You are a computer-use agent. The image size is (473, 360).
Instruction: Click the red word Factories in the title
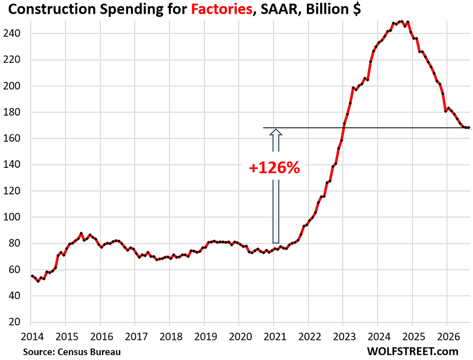point(222,9)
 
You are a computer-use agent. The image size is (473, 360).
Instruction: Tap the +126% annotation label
point(274,168)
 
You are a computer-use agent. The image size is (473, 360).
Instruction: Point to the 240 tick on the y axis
point(11,33)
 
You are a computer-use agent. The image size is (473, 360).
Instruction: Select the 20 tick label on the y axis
point(15,322)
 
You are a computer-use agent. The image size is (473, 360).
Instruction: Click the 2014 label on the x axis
point(32,336)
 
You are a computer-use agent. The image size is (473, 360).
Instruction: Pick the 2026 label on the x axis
point(447,336)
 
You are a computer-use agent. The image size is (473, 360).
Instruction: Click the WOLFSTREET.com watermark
point(412,351)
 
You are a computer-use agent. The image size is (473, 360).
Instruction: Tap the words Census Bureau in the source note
point(89,352)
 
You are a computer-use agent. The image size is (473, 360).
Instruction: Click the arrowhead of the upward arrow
point(276,132)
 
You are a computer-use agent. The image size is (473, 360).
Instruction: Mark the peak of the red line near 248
point(401,22)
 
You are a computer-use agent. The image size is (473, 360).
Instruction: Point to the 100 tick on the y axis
point(11,217)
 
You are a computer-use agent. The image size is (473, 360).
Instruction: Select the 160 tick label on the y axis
point(11,138)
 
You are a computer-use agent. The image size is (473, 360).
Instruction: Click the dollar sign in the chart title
point(357,9)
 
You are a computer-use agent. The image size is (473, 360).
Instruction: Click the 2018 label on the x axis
point(171,336)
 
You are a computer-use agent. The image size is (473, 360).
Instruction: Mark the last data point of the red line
point(469,128)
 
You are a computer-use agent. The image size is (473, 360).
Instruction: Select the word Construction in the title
point(51,9)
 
